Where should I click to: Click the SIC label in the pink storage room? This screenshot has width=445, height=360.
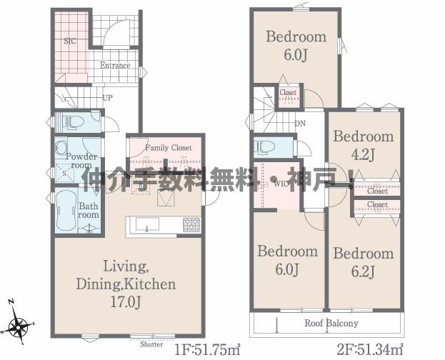pyautogui.click(x=70, y=41)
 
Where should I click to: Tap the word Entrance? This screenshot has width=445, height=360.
pyautogui.click(x=115, y=66)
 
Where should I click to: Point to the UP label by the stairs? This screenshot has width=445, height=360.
pyautogui.click(x=108, y=98)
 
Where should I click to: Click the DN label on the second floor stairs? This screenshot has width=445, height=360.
pyautogui.click(x=300, y=124)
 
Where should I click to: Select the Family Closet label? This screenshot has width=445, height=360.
pyautogui.click(x=169, y=148)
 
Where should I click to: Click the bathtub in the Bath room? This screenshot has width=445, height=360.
pyautogui.click(x=66, y=210)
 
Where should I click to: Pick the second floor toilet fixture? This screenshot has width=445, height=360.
pyautogui.click(x=266, y=147)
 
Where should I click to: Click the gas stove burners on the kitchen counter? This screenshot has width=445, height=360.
pyautogui.click(x=191, y=224)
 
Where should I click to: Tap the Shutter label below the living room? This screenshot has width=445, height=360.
pyautogui.click(x=151, y=344)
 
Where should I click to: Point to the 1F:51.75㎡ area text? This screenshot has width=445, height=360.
pyautogui.click(x=207, y=350)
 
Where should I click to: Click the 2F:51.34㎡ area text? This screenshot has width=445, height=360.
pyautogui.click(x=370, y=349)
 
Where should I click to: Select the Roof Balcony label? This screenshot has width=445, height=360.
pyautogui.click(x=331, y=323)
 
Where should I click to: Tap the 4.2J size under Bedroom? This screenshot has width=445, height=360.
pyautogui.click(x=363, y=155)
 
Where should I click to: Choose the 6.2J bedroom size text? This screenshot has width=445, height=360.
pyautogui.click(x=363, y=271)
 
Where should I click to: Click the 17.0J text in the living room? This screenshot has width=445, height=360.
pyautogui.click(x=125, y=303)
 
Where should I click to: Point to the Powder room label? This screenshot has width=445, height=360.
pyautogui.click(x=81, y=161)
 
